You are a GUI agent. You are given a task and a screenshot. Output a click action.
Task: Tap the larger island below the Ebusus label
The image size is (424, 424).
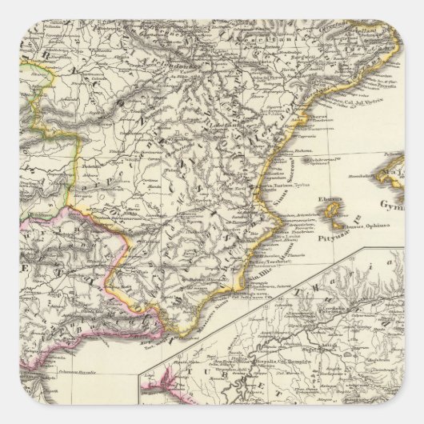(x=330, y=210)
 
